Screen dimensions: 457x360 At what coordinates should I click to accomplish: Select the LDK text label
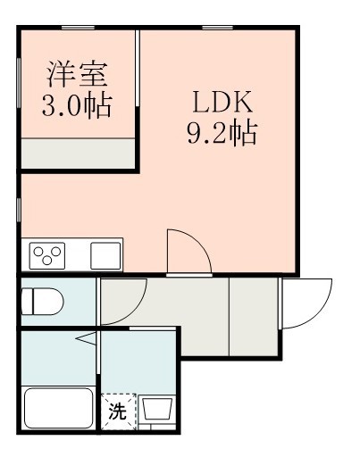(221, 100)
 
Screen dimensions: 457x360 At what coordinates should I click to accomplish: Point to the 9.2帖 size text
(221, 133)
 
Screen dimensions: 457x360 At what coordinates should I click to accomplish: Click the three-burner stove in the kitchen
(48, 255)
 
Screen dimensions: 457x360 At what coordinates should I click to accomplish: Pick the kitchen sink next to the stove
(105, 255)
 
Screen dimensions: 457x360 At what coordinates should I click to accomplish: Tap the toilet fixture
(41, 300)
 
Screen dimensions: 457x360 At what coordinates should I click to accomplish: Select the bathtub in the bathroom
(58, 410)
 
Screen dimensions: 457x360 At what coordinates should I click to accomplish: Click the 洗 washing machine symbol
(117, 411)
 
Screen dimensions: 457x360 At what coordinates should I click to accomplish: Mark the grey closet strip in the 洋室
(77, 154)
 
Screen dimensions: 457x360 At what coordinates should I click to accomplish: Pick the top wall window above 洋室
(85, 28)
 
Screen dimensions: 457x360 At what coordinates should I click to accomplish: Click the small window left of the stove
(20, 211)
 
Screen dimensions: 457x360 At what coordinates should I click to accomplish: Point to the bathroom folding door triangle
(87, 339)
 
